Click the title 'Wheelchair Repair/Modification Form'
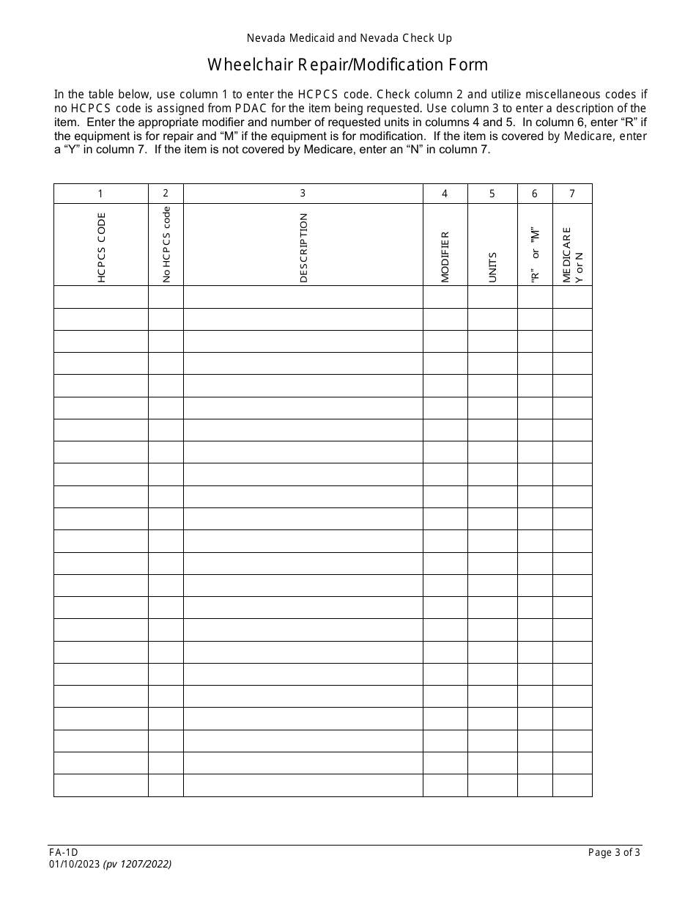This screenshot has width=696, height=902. (x=347, y=65)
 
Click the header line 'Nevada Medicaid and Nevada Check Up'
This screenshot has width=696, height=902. (x=347, y=38)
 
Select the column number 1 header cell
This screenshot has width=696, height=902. (x=100, y=194)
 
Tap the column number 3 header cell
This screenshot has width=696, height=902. (x=303, y=194)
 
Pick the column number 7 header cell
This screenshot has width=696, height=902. (x=571, y=194)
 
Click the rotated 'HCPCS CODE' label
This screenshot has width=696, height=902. (x=101, y=247)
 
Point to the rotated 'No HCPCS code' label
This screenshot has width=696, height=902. (x=166, y=244)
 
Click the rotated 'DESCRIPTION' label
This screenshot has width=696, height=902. (x=303, y=247)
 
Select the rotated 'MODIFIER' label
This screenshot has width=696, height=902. (x=445, y=257)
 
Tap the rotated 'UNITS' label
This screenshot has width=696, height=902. (x=492, y=267)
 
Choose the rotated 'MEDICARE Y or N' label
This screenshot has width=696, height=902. (x=572, y=254)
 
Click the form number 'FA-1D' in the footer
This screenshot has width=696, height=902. (x=66, y=852)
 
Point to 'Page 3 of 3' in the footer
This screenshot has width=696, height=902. (x=614, y=852)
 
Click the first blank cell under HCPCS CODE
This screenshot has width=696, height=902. (x=100, y=297)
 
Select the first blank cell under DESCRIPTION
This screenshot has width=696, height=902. (x=303, y=297)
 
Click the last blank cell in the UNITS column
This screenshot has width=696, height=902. (x=492, y=785)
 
